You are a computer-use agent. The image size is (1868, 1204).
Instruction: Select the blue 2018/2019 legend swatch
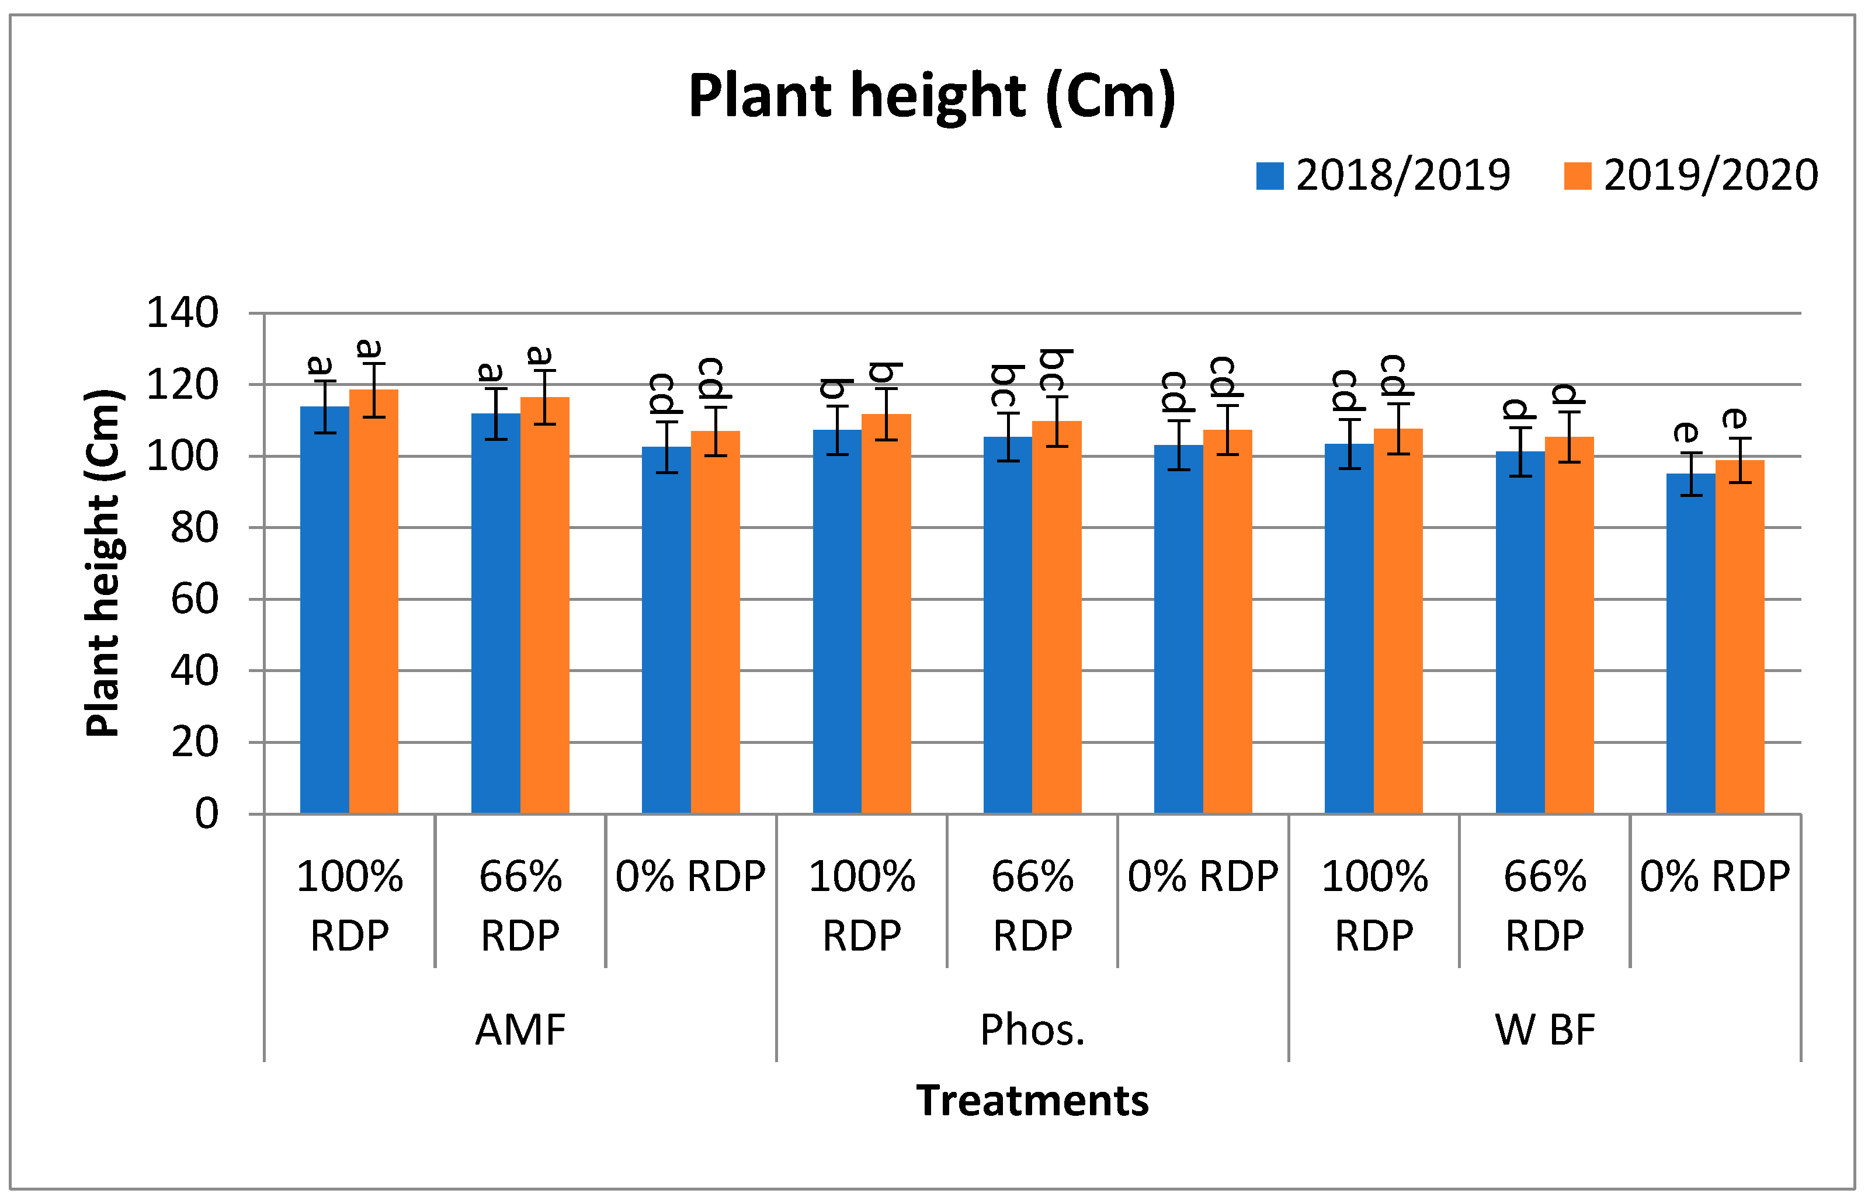[x=1269, y=176]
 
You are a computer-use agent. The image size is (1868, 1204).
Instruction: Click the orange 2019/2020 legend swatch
[x=1577, y=176]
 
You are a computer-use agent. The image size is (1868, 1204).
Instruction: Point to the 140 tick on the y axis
[x=182, y=314]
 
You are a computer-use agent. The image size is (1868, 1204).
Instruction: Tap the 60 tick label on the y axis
[x=194, y=600]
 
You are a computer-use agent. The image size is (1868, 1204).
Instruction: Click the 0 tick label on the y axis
[x=206, y=814]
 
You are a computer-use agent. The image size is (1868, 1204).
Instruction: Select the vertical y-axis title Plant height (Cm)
[x=103, y=563]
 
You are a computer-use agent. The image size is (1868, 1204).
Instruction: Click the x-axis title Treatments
[x=1032, y=1101]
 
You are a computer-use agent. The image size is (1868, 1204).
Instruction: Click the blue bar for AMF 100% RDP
[x=325, y=610]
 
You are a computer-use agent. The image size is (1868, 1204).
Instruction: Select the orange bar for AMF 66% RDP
[x=544, y=606]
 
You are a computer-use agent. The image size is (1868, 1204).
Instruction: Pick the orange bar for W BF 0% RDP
[x=1739, y=637]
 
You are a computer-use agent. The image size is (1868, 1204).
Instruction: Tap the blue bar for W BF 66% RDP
[x=1520, y=634]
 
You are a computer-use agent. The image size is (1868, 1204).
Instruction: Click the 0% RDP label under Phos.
[x=1203, y=876]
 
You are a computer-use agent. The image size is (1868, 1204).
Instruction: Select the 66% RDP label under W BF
[x=1544, y=906]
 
